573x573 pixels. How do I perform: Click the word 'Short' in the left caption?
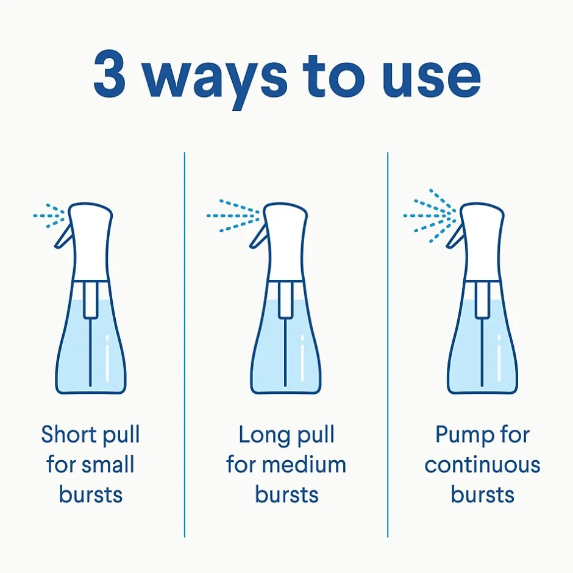pos(67,434)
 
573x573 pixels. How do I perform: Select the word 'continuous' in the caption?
pos(482,464)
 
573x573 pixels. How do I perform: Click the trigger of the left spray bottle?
pos(63,236)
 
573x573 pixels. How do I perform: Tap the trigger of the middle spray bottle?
pos(258,236)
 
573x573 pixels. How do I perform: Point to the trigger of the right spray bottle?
pos(455,236)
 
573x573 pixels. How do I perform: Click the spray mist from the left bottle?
pos(49,216)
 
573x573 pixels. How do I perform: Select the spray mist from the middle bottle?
pos(233,216)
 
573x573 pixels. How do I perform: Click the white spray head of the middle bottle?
pos(285,241)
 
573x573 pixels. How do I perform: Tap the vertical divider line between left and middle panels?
pos(185,344)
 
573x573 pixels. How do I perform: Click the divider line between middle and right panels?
pos(388,344)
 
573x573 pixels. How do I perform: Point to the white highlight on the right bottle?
pos(499,358)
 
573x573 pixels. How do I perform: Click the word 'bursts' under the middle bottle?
pos(286,494)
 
